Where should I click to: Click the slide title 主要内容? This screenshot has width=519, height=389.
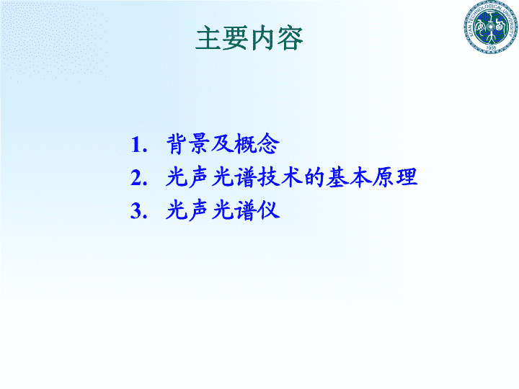coord(249,38)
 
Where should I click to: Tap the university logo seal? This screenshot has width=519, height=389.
coord(491,27)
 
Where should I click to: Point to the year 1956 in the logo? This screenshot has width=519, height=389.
coord(491,48)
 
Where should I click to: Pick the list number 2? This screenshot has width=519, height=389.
coord(138,178)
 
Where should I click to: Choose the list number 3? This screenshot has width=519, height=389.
coord(138,210)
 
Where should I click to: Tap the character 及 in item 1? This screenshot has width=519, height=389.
coord(223,144)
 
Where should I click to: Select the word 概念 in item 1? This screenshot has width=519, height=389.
coord(257,144)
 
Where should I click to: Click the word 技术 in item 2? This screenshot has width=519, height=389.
coord(280,177)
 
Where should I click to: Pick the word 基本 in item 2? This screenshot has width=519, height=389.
coord(349,177)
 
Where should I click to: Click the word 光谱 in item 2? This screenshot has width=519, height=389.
coord(234,177)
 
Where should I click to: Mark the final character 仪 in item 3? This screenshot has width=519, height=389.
coord(268,210)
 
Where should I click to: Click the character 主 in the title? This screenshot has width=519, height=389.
coord(208,38)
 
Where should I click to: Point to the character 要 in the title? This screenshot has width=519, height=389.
coord(236,38)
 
